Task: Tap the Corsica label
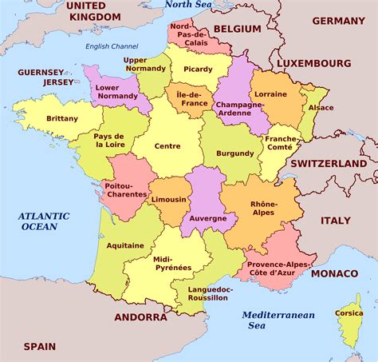[x=349, y=313]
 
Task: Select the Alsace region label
[x=321, y=106]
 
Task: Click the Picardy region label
[x=198, y=69]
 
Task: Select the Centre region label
[x=167, y=146]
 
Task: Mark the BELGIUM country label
[x=237, y=29]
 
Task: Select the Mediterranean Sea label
[x=278, y=320]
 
